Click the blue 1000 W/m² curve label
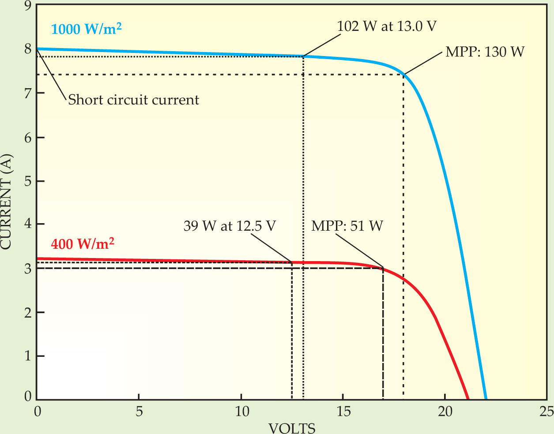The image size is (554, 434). pyautogui.click(x=87, y=29)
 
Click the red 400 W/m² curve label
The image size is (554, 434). pyautogui.click(x=83, y=243)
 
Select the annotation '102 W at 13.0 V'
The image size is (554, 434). pyautogui.click(x=387, y=26)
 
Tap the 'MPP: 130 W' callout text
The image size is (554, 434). pyautogui.click(x=485, y=52)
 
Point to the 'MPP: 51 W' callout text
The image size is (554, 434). pyautogui.click(x=347, y=226)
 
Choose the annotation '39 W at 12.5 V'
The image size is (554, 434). pyautogui.click(x=230, y=226)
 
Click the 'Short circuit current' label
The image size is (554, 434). pyautogui.click(x=133, y=100)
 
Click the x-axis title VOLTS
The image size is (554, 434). pyautogui.click(x=292, y=428)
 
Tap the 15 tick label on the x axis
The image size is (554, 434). pyautogui.click(x=343, y=412)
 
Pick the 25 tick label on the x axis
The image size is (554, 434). pyautogui.click(x=546, y=412)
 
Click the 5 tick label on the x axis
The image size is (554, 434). pyautogui.click(x=139, y=412)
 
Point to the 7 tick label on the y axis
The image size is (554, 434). pyautogui.click(x=28, y=93)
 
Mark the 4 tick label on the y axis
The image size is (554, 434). pyautogui.click(x=28, y=224)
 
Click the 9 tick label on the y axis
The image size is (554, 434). pyautogui.click(x=28, y=6)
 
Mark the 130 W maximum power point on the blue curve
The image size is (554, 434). pyautogui.click(x=403, y=75)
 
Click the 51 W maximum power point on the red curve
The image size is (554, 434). pyautogui.click(x=383, y=268)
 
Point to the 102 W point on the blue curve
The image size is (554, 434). pyautogui.click(x=303, y=56)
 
